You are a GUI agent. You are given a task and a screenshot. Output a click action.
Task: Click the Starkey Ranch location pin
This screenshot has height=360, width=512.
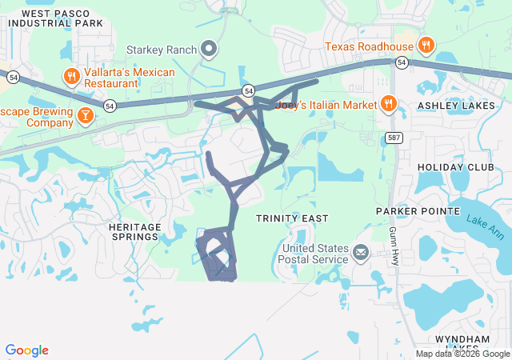pyautogui.click(x=209, y=50)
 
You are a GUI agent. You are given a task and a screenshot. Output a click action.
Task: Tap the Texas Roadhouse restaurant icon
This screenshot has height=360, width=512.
pyautogui.click(x=426, y=46)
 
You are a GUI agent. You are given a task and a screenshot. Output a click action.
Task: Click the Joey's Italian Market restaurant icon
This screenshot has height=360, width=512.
pyautogui.click(x=388, y=104)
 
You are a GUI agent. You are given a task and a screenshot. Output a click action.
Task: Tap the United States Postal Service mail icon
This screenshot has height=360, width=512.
pyautogui.click(x=361, y=254)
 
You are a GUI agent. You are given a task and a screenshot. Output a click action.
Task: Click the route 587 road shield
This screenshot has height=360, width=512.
pyautogui.click(x=394, y=136)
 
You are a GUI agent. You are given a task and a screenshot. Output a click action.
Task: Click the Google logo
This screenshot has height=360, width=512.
pyautogui.click(x=26, y=350)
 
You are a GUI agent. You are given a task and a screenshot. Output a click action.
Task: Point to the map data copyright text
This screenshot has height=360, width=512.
pyautogui.click(x=462, y=354)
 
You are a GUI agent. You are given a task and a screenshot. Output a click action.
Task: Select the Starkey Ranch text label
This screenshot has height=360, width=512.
pyautogui.click(x=162, y=50)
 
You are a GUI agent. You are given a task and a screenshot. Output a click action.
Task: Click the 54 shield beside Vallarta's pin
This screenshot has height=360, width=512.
pyautogui.click(x=110, y=105)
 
